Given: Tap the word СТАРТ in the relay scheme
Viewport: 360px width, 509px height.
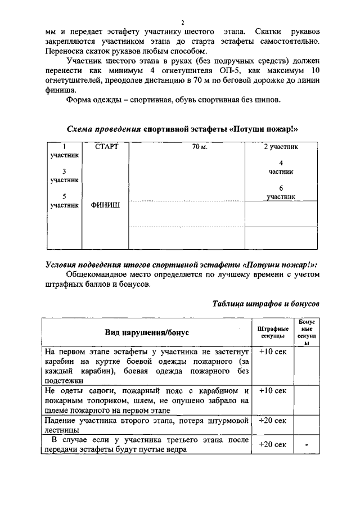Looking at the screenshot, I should [x=107, y=147].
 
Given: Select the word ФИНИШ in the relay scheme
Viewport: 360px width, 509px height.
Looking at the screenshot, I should [x=106, y=205].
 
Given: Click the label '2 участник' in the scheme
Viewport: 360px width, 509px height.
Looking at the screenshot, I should [x=281, y=147].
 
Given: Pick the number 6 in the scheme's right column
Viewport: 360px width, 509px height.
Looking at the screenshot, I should [x=281, y=188].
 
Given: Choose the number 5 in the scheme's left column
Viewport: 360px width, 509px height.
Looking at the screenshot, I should [x=64, y=196].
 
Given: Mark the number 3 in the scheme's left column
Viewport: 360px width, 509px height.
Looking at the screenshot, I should [x=64, y=171].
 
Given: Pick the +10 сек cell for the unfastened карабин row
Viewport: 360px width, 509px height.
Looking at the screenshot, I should [x=273, y=351].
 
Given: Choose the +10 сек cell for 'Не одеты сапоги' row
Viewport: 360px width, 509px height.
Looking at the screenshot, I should [x=273, y=390].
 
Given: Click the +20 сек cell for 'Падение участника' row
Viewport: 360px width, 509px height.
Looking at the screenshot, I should [x=273, y=420].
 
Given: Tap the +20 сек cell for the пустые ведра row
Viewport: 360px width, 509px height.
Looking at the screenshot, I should [x=273, y=444].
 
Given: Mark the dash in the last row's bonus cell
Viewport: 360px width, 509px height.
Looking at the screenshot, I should [x=307, y=444].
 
